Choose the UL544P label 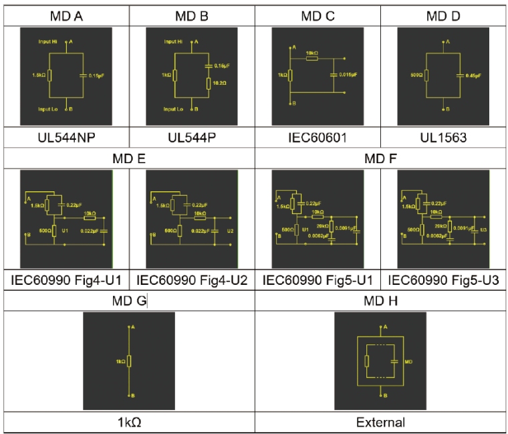click(193, 139)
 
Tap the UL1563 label click(443, 139)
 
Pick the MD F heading click(381, 158)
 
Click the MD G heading click(129, 302)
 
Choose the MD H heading click(380, 302)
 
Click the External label click(380, 422)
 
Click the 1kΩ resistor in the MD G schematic click(130, 361)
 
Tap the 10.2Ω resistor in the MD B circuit click(209, 83)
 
